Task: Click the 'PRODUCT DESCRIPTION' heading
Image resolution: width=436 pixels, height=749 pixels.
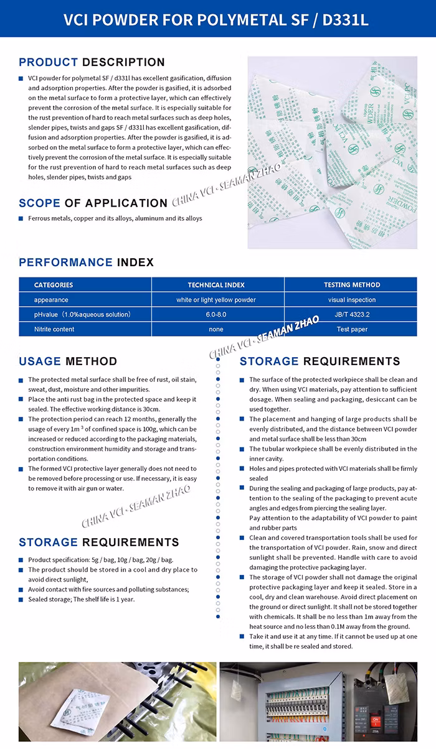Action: (92, 62)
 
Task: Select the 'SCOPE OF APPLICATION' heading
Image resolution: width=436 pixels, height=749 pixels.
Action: (93, 203)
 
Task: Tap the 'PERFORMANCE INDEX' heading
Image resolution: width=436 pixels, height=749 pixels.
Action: (86, 263)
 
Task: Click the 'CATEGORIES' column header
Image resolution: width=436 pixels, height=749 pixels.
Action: (54, 285)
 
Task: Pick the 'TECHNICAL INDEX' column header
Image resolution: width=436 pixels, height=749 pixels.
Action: (216, 285)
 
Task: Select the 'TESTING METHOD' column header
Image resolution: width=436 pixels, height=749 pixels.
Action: (352, 285)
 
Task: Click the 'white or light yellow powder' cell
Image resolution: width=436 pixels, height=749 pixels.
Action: (216, 300)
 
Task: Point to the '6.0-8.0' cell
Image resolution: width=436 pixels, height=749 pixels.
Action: (216, 315)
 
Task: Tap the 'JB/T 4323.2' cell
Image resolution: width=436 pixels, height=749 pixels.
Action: (352, 315)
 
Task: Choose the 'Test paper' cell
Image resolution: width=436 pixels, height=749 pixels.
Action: (352, 329)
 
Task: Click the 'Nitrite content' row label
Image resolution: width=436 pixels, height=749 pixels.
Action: (54, 329)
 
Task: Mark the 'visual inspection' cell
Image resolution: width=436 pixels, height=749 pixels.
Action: (352, 300)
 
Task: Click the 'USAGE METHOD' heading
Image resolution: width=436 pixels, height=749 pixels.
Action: (68, 361)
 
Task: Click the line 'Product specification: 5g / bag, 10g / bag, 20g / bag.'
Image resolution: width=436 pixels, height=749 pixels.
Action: (100, 560)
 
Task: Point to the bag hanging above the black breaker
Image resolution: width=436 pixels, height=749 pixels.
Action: (394, 687)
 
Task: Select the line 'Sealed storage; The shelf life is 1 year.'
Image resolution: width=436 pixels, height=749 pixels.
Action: (81, 599)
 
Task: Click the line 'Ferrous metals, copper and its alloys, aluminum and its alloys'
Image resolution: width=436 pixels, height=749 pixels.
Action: (115, 218)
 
